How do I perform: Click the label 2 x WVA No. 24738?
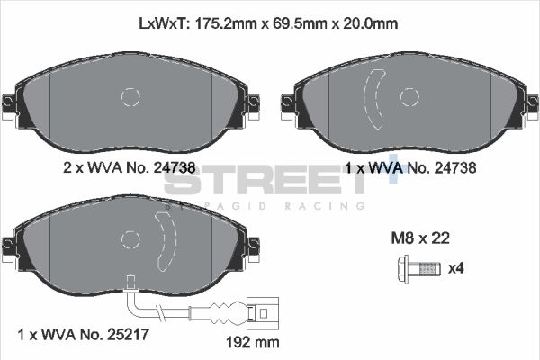129,167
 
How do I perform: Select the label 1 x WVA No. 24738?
409,167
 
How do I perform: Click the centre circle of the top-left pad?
130,96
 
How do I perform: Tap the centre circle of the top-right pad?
409,96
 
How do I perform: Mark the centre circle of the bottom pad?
130,238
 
